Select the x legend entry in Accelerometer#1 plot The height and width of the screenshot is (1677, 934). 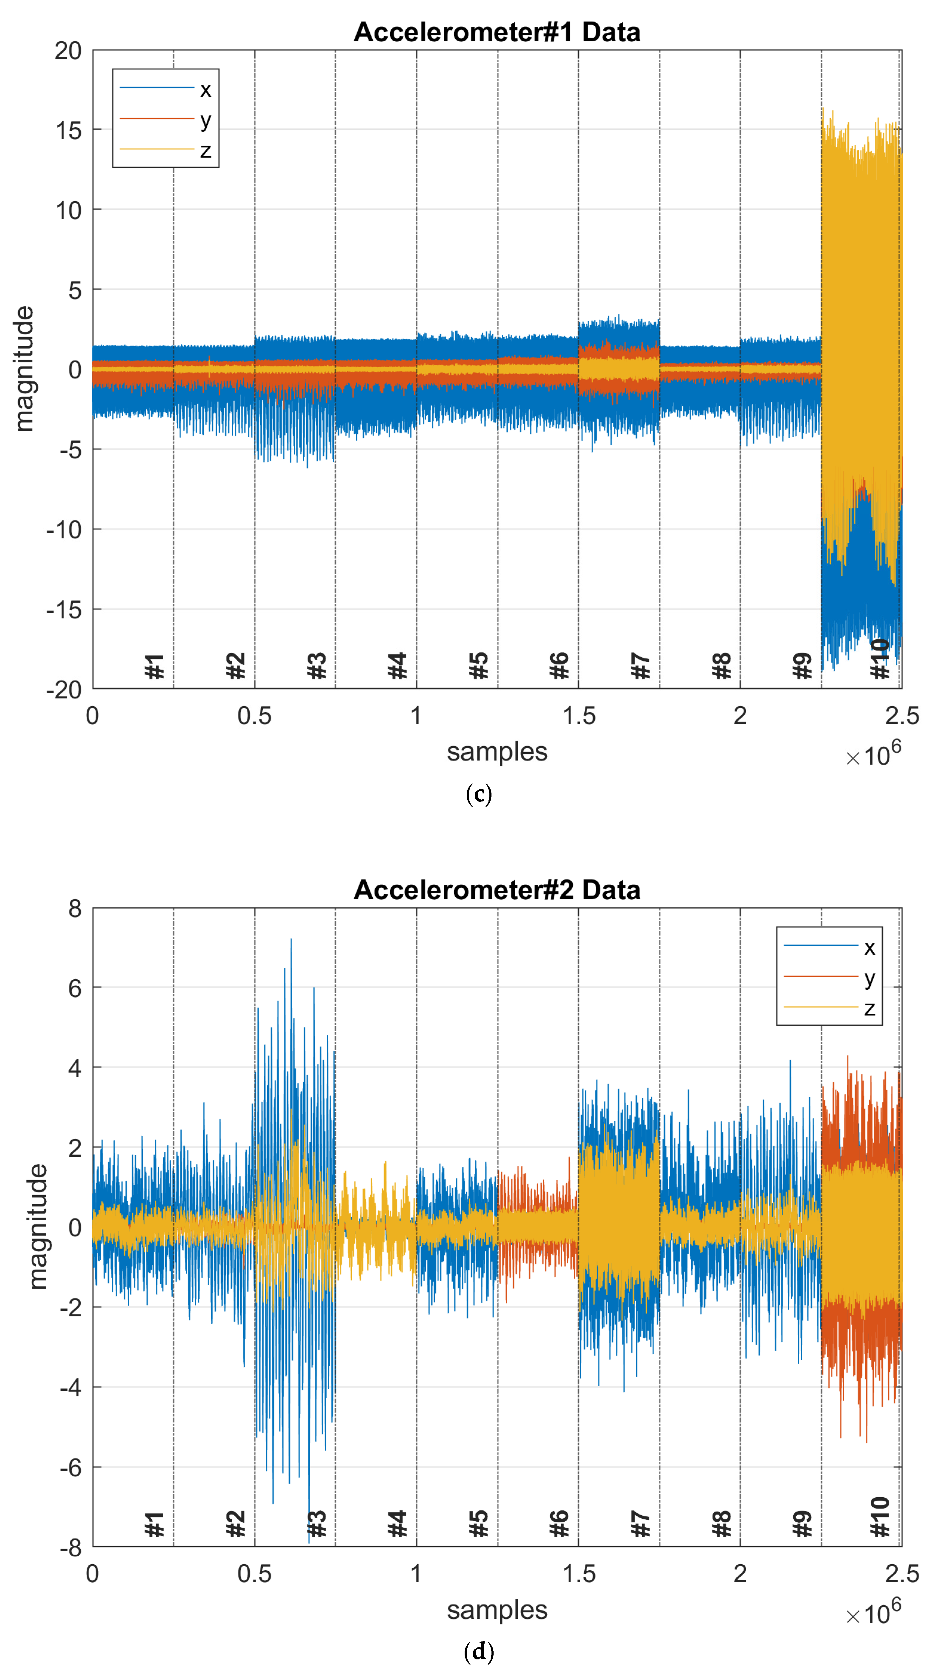pos(205,89)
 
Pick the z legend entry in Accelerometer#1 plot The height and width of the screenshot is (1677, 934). pos(205,150)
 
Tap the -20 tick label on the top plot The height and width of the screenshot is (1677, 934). pos(64,690)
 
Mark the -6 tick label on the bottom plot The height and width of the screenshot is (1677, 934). pos(70,1467)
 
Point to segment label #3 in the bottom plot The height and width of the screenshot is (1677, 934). pos(317,1524)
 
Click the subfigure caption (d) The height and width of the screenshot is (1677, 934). pos(479,1652)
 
